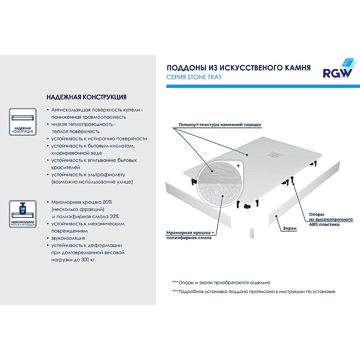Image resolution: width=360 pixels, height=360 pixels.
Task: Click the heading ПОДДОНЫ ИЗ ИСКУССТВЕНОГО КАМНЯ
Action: tap(238, 68)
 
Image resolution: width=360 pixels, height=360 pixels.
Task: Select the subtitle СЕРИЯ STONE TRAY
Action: tap(194, 77)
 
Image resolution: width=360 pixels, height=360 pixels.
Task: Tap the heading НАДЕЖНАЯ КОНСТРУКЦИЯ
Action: tap(86, 97)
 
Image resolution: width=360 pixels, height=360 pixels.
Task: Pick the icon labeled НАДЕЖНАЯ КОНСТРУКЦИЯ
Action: tap(22, 121)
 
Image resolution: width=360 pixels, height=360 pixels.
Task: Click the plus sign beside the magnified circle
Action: tap(238, 166)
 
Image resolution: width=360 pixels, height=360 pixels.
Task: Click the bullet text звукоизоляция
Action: tap(68, 238)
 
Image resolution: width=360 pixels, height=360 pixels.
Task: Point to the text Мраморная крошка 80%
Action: tap(81, 202)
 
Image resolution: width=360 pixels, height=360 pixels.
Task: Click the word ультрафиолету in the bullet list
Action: tap(107, 175)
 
